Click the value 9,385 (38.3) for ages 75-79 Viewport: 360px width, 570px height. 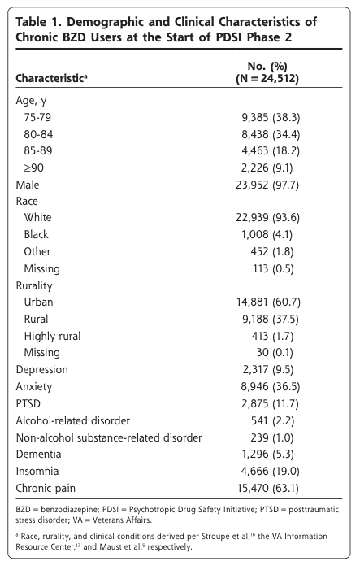[271, 117]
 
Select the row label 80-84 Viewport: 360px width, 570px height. [38, 134]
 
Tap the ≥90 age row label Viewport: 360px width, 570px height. [34, 168]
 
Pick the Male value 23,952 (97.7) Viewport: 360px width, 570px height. [267, 185]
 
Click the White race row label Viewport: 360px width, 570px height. [37, 217]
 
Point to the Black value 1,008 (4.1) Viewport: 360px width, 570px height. [267, 234]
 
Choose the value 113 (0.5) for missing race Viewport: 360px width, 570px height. [273, 268]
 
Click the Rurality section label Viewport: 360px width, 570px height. [34, 285]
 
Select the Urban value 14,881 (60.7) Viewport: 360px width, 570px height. [268, 302]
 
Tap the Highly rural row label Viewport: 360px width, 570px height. [52, 337]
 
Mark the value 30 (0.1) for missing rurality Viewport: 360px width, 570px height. [275, 353]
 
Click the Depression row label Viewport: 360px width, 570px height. [41, 370]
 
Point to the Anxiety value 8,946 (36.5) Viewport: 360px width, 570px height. [271, 387]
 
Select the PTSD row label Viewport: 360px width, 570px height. [28, 404]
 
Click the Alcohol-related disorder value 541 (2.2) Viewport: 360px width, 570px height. [272, 421]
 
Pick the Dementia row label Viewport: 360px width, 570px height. [38, 455]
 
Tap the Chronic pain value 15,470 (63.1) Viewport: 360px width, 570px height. [268, 488]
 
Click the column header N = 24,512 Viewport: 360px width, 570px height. [267, 79]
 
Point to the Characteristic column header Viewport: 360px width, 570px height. [51, 78]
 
